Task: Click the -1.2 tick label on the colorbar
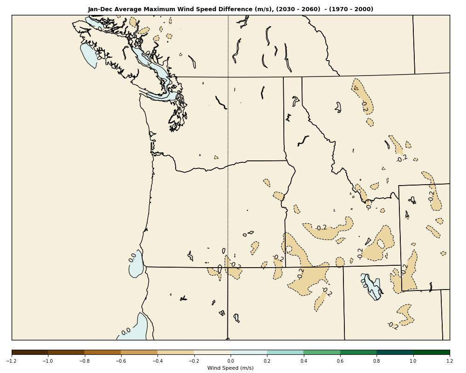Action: [12, 361]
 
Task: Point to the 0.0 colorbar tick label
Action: [231, 361]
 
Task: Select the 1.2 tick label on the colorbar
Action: [450, 361]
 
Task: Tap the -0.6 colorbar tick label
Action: [121, 361]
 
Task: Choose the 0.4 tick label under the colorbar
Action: [303, 361]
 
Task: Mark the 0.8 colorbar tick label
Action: [377, 361]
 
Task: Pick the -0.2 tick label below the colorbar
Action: [194, 361]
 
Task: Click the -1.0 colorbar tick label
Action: [48, 361]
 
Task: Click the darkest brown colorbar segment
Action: [30, 352]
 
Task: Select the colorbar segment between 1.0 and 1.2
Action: [432, 352]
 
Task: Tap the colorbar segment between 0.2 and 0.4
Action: [285, 352]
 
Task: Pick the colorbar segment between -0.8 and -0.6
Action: [103, 352]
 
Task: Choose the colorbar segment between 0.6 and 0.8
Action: [358, 352]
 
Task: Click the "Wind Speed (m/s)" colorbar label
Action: [231, 368]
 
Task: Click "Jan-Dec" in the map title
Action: [99, 9]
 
